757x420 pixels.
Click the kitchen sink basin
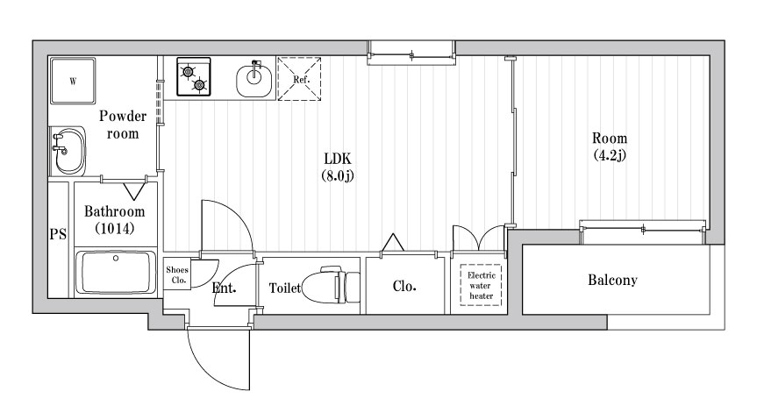254,82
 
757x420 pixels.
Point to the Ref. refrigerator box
298,78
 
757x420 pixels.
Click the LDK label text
337,159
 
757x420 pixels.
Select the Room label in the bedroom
610,139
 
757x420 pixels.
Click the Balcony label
612,281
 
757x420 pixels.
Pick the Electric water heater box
480,286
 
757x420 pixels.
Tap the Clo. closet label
403,286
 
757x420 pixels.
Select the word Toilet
285,288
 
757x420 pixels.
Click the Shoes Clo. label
177,275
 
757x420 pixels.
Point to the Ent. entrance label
223,288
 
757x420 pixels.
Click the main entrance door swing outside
215,359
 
